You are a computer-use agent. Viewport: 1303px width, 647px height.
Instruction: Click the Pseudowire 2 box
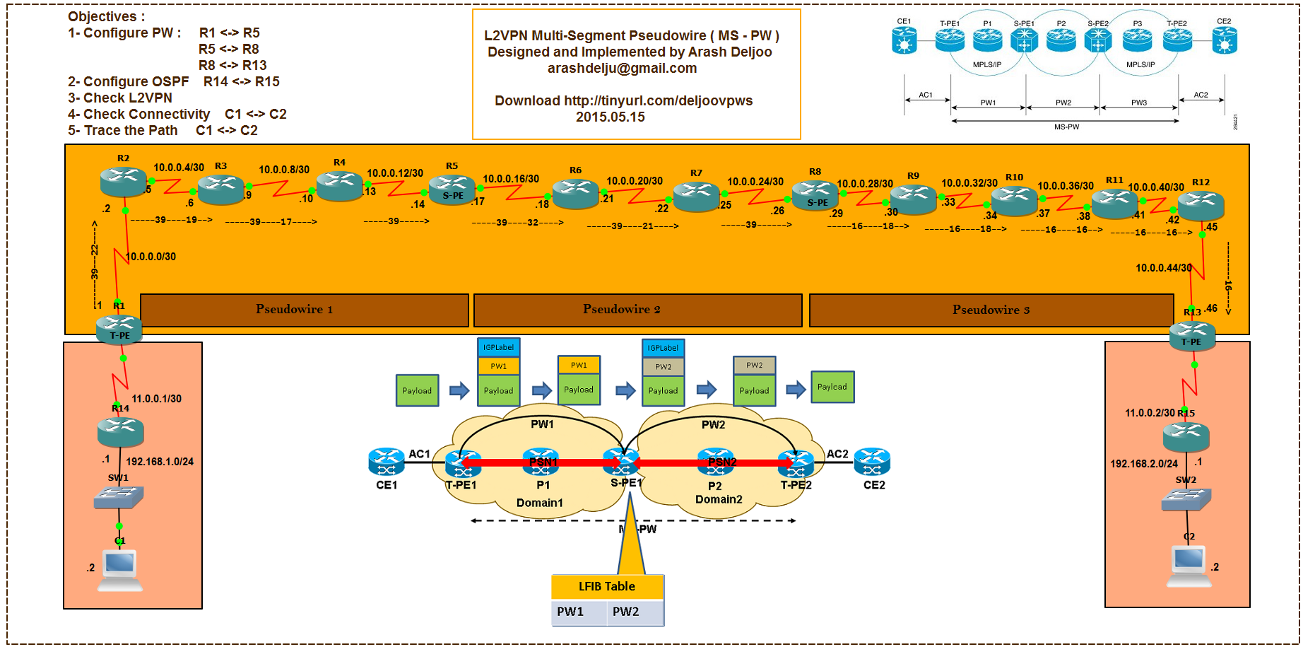(637, 310)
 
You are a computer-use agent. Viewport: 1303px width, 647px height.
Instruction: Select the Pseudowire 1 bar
(305, 310)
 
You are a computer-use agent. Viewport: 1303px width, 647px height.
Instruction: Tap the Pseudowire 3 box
(991, 310)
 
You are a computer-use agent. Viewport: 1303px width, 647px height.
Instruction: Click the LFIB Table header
(607, 586)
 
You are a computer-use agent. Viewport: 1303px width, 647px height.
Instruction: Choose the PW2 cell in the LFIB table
(633, 612)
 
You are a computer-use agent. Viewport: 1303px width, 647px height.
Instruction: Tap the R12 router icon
(1201, 205)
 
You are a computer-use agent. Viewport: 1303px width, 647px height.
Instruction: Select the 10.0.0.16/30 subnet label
(511, 179)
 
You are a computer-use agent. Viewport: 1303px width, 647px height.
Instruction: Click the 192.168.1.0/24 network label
(160, 462)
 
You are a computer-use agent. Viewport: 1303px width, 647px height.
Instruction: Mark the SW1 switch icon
(119, 498)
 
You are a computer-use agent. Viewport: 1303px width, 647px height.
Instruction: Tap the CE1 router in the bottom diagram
(387, 462)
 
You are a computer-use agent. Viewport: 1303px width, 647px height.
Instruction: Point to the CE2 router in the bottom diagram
(872, 462)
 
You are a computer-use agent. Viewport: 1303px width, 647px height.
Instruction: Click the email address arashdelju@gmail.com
(622, 69)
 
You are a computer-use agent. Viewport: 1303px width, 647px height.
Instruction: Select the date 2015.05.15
(611, 117)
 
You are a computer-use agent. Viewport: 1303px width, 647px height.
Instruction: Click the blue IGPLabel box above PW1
(499, 347)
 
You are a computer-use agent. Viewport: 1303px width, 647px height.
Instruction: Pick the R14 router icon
(121, 431)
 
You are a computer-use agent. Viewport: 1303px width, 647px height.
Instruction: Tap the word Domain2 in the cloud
(719, 500)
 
